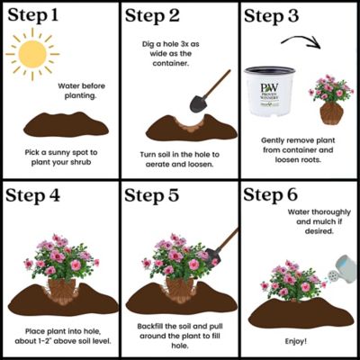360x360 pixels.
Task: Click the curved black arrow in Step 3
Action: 297,46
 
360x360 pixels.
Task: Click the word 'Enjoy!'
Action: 298,343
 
